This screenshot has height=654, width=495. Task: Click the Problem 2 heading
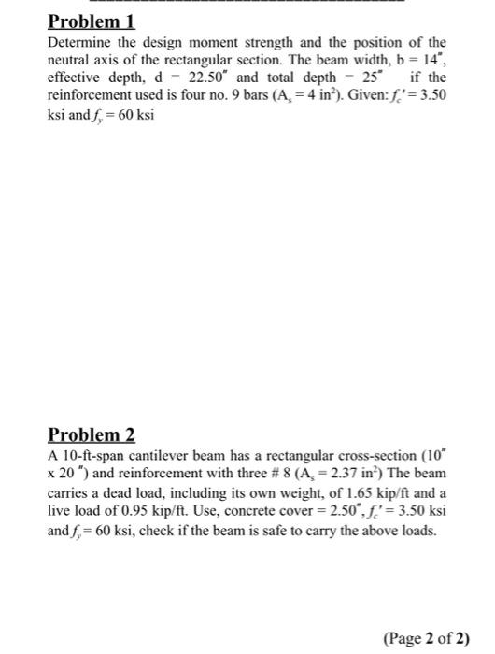(92, 434)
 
